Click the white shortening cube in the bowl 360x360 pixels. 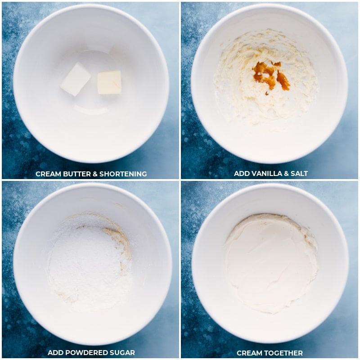[x=76, y=79]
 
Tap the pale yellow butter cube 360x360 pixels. [x=109, y=83]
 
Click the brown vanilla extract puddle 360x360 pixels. [x=271, y=76]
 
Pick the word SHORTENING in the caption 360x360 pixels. [x=123, y=174]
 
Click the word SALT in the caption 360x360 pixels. [x=299, y=174]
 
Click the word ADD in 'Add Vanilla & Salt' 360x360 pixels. [x=242, y=174]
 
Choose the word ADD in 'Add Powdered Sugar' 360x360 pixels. [x=55, y=353]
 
